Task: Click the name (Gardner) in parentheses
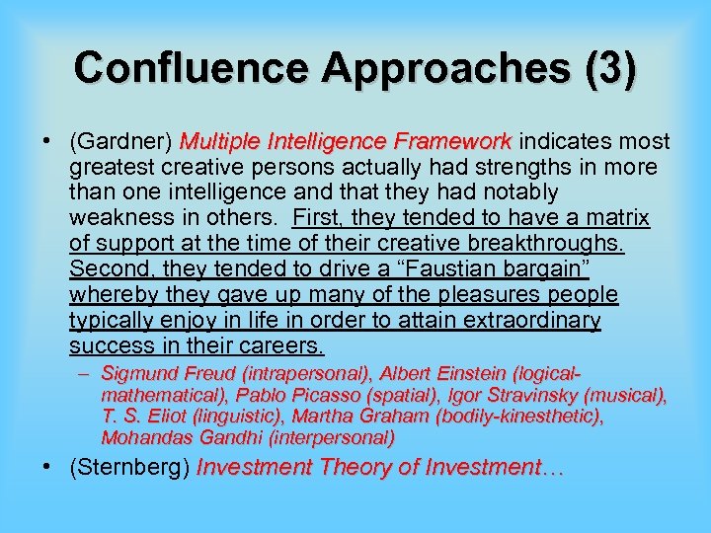click(122, 141)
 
